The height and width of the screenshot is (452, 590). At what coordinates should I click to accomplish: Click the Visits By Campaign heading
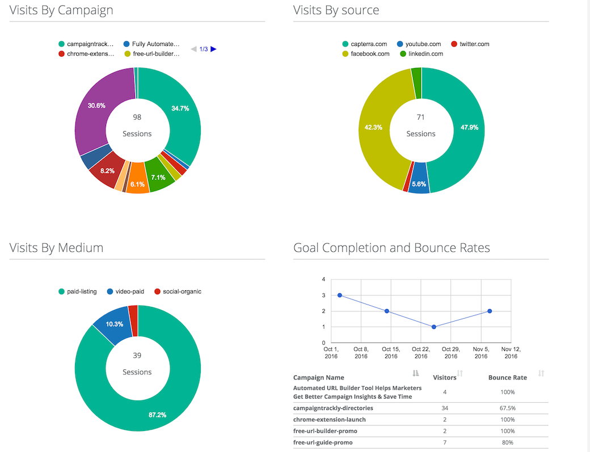point(61,10)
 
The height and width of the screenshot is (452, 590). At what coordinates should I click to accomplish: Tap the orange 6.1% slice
point(137,184)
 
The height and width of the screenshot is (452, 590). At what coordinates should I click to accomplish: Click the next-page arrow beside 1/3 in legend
point(213,49)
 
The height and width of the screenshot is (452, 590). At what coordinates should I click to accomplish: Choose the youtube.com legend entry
point(419,44)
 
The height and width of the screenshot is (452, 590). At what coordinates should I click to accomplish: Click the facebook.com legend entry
point(366,54)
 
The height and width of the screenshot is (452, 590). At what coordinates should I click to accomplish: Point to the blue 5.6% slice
point(419,184)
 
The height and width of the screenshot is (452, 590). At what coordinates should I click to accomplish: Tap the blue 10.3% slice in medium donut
point(113,324)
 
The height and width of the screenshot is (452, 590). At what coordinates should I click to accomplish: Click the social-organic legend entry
point(178,292)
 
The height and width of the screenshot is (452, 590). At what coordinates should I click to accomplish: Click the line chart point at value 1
point(434,327)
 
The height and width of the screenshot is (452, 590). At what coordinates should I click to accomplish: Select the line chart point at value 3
point(339,295)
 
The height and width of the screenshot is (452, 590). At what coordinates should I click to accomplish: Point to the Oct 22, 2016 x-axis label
point(421,352)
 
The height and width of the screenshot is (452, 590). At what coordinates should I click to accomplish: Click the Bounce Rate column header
point(508,377)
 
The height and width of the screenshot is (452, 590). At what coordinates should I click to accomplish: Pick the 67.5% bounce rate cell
point(508,408)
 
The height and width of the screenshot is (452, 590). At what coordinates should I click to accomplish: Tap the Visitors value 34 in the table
point(445,408)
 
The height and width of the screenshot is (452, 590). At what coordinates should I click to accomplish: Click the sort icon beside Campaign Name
point(415,373)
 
